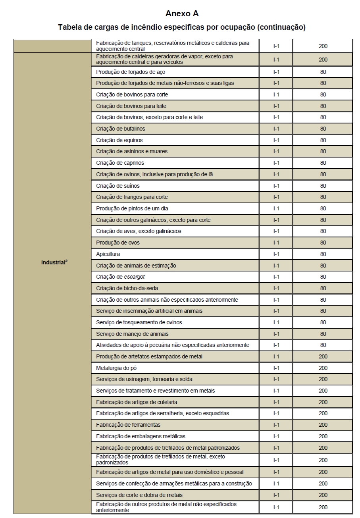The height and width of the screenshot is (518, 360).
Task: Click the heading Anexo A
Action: (x=182, y=13)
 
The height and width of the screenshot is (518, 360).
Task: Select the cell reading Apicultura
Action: (x=108, y=254)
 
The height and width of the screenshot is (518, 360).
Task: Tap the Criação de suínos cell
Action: (x=118, y=186)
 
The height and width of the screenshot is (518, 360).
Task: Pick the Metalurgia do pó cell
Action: (x=116, y=368)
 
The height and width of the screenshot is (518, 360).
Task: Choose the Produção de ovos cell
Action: (x=118, y=243)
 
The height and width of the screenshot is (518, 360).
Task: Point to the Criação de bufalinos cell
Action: (x=121, y=129)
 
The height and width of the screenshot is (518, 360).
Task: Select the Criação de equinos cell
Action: (x=119, y=140)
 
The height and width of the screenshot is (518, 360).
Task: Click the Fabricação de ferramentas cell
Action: (x=128, y=425)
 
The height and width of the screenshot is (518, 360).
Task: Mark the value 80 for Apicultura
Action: (x=323, y=254)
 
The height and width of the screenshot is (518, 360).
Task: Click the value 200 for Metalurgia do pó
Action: (x=323, y=368)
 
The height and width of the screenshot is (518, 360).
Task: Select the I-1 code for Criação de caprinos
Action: (x=276, y=163)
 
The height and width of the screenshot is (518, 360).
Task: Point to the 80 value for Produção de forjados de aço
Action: (x=323, y=72)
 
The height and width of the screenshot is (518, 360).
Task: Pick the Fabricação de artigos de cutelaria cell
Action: (x=137, y=402)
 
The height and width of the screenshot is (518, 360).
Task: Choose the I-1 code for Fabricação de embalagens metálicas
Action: (x=276, y=436)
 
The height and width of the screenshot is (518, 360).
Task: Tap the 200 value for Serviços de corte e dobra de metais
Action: (x=323, y=495)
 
